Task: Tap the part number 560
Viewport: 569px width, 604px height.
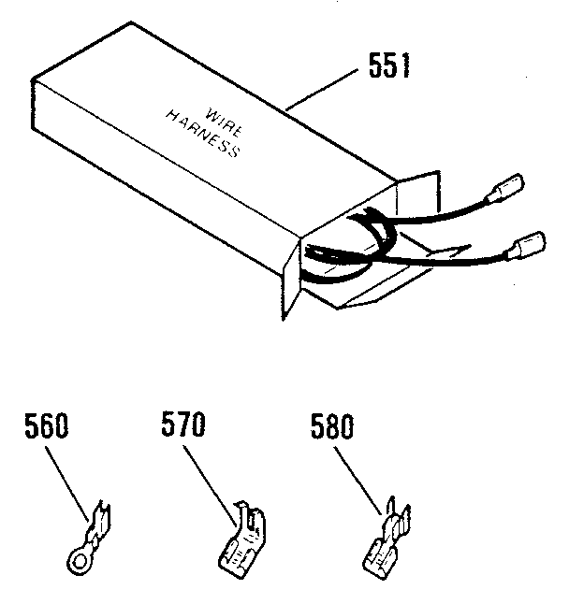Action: pos(47,429)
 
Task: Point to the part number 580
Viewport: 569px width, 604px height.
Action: pos(331,429)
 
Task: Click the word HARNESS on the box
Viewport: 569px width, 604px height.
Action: pos(203,133)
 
